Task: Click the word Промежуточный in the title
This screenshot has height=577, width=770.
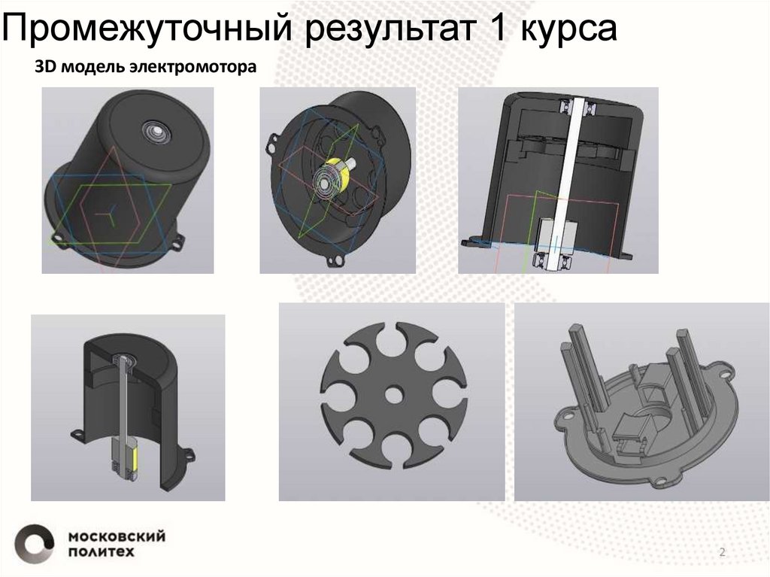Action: tap(147, 29)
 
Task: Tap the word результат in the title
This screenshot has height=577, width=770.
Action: tap(391, 29)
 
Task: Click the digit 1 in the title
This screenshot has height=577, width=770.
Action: tap(497, 27)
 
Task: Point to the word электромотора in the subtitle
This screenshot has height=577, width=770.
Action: tap(193, 68)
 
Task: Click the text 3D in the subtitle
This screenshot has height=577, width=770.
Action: tap(44, 67)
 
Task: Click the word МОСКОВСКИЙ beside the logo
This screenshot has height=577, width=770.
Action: tap(117, 536)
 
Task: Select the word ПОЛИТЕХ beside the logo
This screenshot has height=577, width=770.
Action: tap(102, 552)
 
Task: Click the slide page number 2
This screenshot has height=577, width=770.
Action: tap(722, 551)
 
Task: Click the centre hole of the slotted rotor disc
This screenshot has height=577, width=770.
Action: tap(394, 394)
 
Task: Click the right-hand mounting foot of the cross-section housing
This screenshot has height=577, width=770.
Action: tap(626, 255)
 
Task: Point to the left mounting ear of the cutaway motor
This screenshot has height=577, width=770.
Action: tap(78, 434)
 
